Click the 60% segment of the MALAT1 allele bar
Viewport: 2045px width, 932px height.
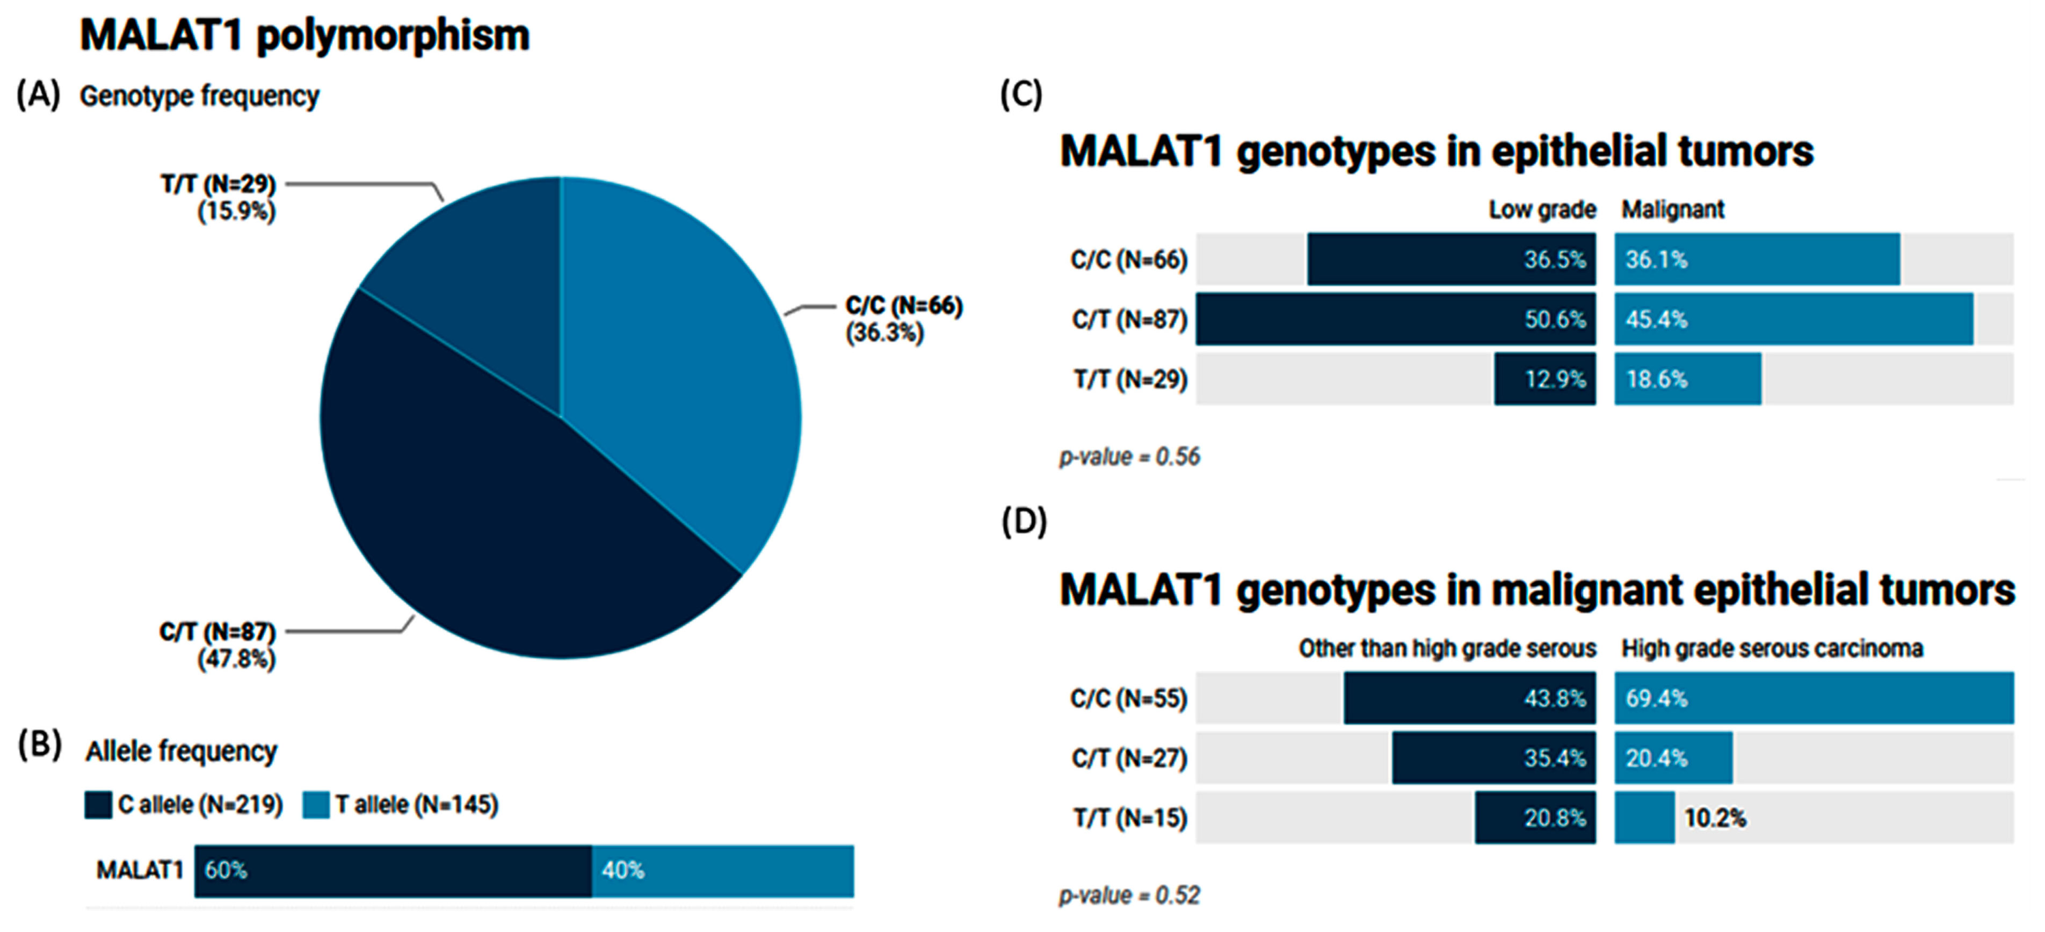(393, 871)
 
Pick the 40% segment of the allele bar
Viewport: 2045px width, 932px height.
(722, 871)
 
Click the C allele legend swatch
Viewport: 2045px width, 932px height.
(98, 805)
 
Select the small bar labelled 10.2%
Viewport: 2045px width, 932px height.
(1644, 818)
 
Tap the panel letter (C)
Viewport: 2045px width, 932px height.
(1021, 95)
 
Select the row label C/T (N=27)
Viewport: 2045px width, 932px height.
(1129, 758)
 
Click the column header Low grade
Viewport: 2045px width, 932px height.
(1542, 209)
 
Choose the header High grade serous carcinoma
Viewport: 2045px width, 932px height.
(1772, 648)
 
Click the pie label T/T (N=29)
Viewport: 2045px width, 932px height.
(219, 184)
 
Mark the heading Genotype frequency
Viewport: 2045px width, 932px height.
(199, 96)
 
